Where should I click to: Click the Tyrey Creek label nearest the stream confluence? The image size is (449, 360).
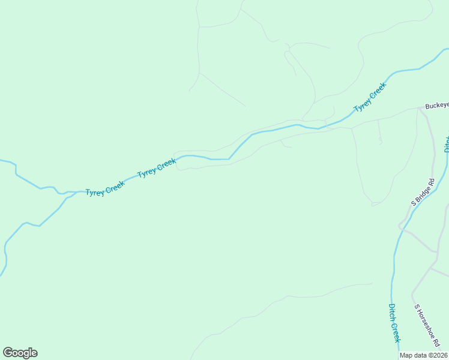coord(104,188)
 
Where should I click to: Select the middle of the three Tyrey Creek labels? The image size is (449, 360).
coord(157,168)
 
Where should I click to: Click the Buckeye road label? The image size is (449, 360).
coord(436,106)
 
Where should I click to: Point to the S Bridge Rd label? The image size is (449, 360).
coord(422,192)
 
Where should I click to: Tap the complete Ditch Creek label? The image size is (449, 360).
coord(394,323)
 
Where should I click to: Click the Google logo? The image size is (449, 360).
coord(20,353)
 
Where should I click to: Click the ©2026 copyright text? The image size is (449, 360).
coord(438,355)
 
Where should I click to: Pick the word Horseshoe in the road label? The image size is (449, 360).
coord(427,325)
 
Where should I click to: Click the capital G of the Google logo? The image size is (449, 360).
coord(8,353)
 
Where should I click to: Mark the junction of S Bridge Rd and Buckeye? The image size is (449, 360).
coord(418,109)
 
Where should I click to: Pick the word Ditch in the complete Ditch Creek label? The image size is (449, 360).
coord(391,311)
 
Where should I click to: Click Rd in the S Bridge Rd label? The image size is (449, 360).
coord(430,181)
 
